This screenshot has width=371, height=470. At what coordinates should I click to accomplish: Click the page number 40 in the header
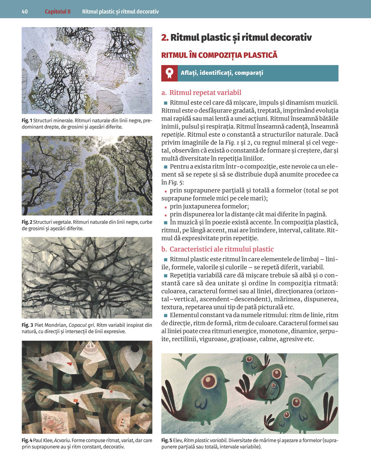tap(25, 11)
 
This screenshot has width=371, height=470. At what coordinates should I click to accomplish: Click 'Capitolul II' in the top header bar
tap(58, 11)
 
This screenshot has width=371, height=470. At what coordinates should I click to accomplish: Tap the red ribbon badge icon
tap(170, 73)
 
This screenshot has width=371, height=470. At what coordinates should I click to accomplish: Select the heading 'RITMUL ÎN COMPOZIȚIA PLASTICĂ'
tap(219, 55)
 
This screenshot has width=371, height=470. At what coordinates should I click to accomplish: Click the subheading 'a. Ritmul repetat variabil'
tap(201, 93)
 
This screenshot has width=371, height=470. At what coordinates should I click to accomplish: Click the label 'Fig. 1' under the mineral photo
tap(27, 121)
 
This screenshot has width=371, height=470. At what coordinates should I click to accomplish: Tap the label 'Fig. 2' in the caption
tap(27, 222)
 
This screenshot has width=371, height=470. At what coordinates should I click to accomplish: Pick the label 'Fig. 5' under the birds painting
tap(167, 440)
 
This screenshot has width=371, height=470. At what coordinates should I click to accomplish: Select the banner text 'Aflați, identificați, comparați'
tap(222, 73)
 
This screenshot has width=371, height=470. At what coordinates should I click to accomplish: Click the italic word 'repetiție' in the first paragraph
tap(173, 135)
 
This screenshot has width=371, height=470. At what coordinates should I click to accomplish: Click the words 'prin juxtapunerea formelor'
tap(209, 206)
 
